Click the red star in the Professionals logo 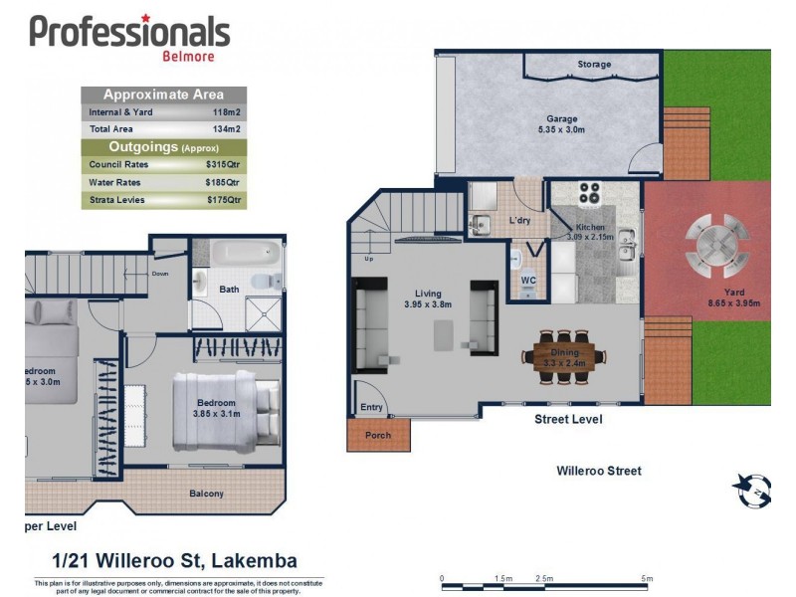click(x=146, y=18)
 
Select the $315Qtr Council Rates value click(x=223, y=164)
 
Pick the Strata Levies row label click(x=116, y=200)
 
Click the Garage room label click(x=561, y=117)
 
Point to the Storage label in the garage click(x=594, y=65)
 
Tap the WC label click(x=528, y=280)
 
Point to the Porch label click(x=377, y=435)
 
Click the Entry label click(x=371, y=407)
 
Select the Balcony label click(x=206, y=494)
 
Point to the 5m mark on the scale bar click(x=647, y=578)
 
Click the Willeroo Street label click(x=599, y=471)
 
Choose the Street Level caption click(x=568, y=419)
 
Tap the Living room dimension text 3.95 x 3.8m click(x=428, y=304)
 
